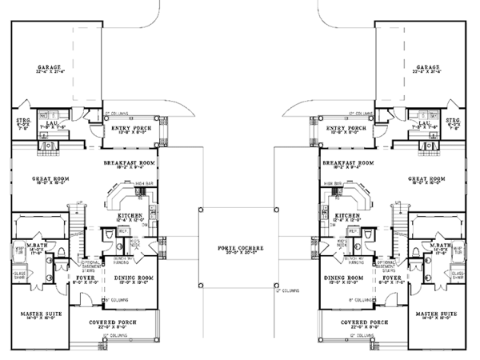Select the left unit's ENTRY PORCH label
tap(130, 127)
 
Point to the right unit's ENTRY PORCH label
tap(347, 127)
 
